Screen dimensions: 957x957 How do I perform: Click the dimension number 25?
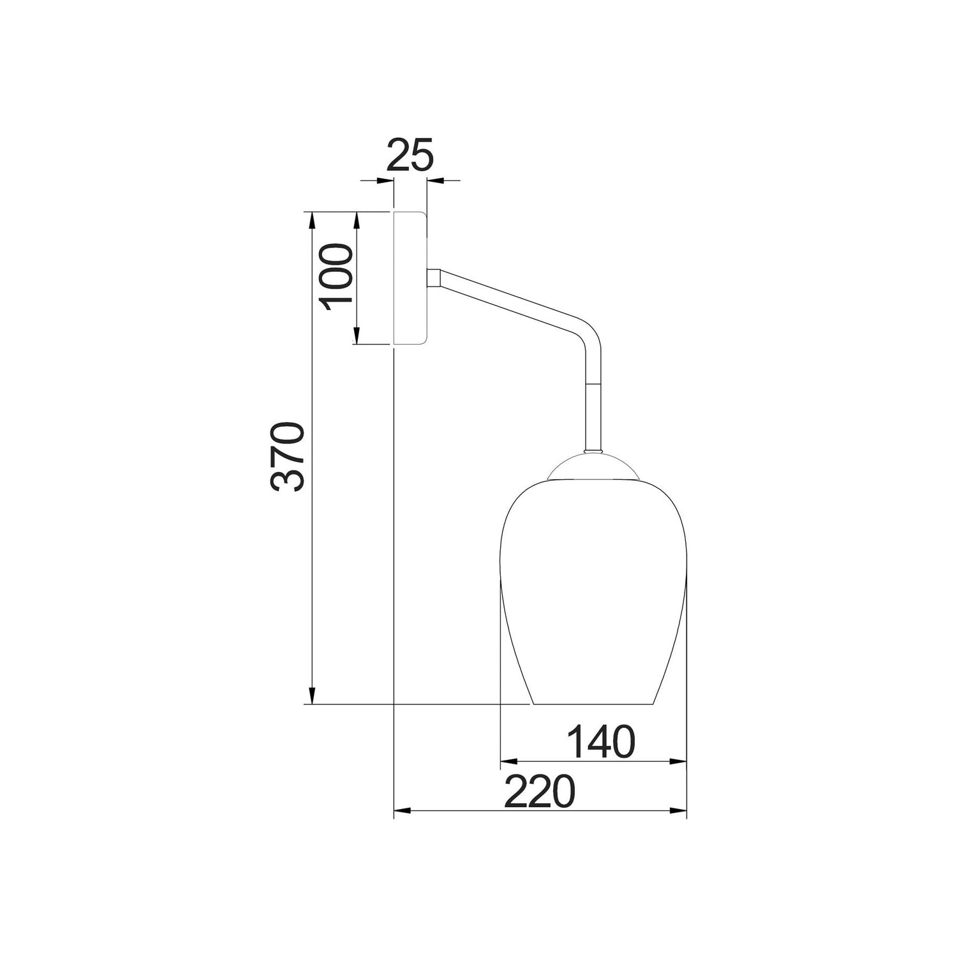[x=410, y=154]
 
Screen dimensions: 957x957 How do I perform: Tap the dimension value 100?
[x=338, y=277]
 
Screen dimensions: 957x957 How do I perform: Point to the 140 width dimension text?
[x=602, y=741]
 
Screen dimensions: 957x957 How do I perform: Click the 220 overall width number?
[x=540, y=792]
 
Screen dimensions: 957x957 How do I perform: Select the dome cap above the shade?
[x=594, y=464]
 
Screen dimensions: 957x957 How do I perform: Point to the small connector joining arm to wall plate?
[x=434, y=279]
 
